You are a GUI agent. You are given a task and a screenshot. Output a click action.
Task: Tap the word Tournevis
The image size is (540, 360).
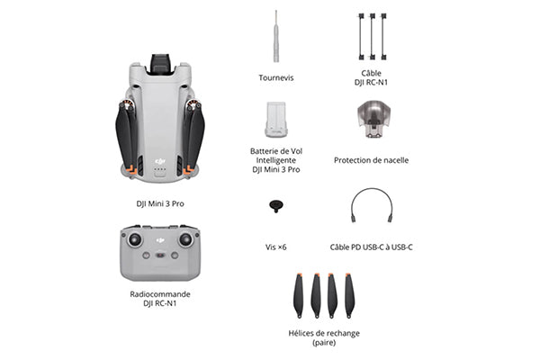[275, 78]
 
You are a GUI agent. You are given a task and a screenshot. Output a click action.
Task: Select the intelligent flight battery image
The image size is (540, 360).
[275, 119]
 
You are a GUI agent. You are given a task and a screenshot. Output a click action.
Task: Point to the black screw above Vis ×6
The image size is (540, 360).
[275, 206]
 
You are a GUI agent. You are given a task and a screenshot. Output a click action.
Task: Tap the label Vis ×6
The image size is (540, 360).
[275, 246]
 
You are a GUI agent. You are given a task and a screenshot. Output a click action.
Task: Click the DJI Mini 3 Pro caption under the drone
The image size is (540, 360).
[160, 203]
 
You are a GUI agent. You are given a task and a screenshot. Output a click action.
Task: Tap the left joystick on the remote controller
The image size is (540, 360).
[136, 240]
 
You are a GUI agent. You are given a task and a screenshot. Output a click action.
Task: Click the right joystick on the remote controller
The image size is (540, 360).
[186, 240]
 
